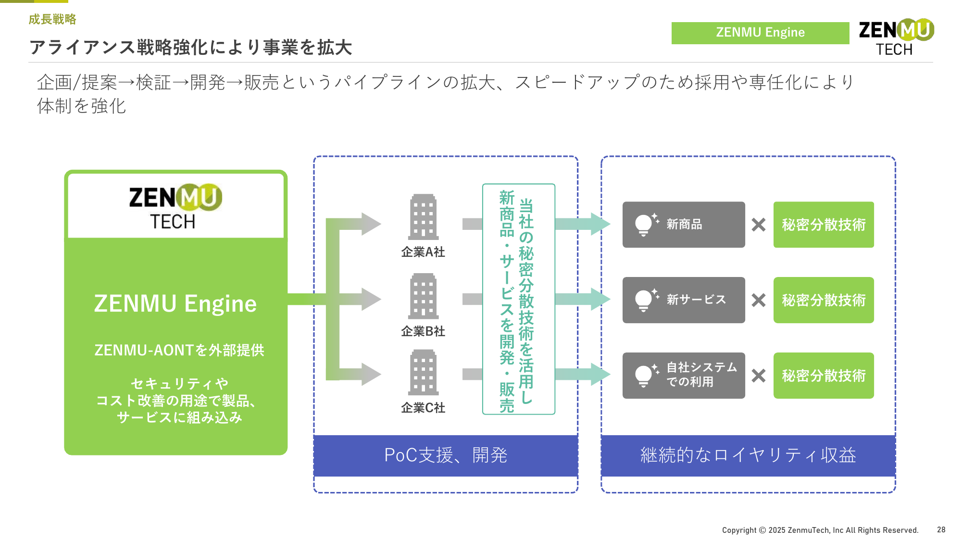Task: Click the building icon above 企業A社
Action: click(x=423, y=217)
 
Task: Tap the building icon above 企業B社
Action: click(x=423, y=296)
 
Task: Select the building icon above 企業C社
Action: click(x=423, y=373)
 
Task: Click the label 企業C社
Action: click(x=423, y=408)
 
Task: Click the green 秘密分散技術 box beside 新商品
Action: click(x=824, y=225)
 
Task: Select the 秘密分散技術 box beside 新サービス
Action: click(x=824, y=300)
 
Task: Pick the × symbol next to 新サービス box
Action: click(x=759, y=300)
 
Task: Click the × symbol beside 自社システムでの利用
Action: click(x=759, y=376)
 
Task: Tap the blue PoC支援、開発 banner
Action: click(x=446, y=455)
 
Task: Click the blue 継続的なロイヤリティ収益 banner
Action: click(x=748, y=455)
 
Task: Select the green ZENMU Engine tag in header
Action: click(x=760, y=33)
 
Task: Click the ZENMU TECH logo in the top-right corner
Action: click(x=896, y=38)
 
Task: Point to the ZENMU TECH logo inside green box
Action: click(x=175, y=206)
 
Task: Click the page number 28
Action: click(x=941, y=529)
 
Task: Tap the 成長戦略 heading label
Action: click(x=52, y=19)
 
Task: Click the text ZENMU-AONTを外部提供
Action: click(x=179, y=350)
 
